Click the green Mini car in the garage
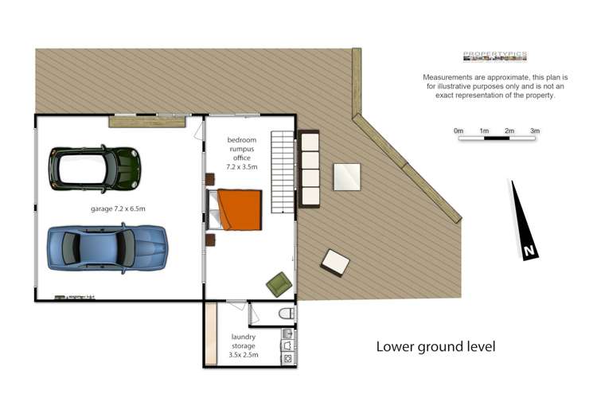[x=95, y=167]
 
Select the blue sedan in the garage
[x=107, y=248]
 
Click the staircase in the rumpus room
[x=282, y=170]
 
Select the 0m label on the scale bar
[x=458, y=131]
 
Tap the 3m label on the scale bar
[x=535, y=131]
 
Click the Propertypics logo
[x=494, y=56]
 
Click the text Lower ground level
[x=435, y=346]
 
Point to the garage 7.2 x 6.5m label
[x=118, y=209]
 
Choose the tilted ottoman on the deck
[x=335, y=262]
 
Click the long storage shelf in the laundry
[x=211, y=334]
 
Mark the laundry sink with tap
[x=287, y=334]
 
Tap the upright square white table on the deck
[x=346, y=177]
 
